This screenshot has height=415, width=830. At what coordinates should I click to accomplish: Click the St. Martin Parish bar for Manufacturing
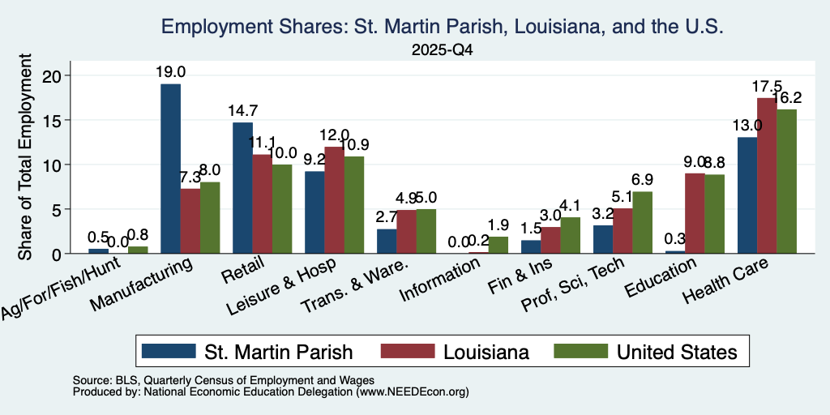[x=170, y=169]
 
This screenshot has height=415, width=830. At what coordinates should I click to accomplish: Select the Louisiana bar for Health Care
[x=767, y=176]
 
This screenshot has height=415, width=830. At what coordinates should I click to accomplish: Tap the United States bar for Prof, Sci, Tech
[x=642, y=223]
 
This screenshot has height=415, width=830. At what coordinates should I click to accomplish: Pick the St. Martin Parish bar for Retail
[x=243, y=188]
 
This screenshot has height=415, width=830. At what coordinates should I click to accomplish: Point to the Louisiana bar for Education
[x=695, y=213]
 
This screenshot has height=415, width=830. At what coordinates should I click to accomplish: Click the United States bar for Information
[x=498, y=245]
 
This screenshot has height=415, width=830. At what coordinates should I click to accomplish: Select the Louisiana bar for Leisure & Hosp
[x=335, y=200]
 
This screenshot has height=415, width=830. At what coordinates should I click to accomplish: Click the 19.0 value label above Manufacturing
[x=170, y=72]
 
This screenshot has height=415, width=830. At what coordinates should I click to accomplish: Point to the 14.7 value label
[x=243, y=110]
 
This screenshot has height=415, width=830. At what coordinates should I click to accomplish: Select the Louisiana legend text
[x=486, y=352]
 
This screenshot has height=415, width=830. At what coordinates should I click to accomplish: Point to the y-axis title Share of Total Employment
[x=25, y=156]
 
